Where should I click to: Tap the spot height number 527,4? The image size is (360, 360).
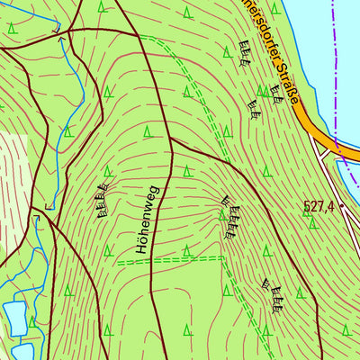tap(319, 207)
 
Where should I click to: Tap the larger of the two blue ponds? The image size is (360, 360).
tap(15, 317)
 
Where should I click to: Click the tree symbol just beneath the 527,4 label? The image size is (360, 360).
tap(312, 224)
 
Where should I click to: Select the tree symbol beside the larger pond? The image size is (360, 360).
tap(33, 321)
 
